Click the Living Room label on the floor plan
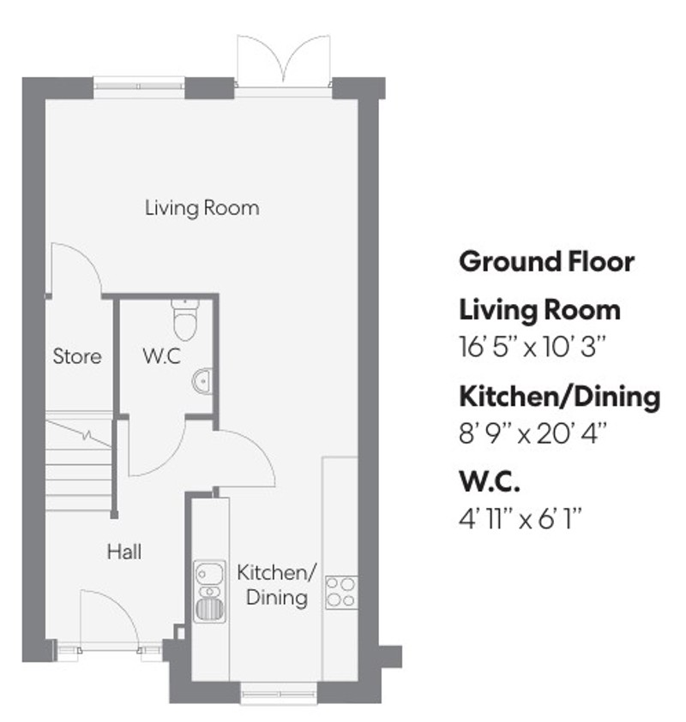[x=202, y=207]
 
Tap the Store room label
[x=77, y=356]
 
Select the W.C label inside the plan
[x=161, y=356]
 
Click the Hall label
[x=123, y=552]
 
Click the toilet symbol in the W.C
[x=184, y=319]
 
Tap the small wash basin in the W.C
[x=202, y=379]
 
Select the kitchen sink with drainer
[x=209, y=590]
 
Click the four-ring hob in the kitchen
[x=341, y=592]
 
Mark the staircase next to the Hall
[x=79, y=467]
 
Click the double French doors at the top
[x=282, y=61]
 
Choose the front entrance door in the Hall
[x=108, y=622]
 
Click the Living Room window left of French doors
[x=139, y=83]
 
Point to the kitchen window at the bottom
[x=277, y=689]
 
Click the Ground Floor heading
[x=547, y=260]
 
